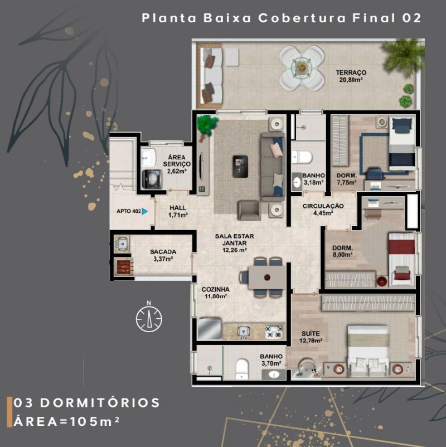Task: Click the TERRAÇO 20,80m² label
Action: coord(351,76)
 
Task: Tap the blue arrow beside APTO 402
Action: coord(144,211)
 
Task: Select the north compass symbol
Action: coord(149,319)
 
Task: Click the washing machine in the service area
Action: coord(152,179)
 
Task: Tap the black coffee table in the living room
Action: coord(240,166)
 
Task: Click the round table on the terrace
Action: coord(302,68)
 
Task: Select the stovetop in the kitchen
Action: coord(274,332)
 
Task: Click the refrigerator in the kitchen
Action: coord(209,328)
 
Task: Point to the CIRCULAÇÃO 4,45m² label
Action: coord(323,209)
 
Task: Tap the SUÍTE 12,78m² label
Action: coord(311,337)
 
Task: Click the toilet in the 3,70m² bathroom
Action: coord(242,369)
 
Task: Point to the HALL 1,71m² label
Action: coord(178,211)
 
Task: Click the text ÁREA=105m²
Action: coord(66,421)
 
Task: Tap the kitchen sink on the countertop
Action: coord(243,332)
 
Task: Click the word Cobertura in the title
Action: coord(302,18)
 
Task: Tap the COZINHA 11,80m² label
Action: coord(216,293)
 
